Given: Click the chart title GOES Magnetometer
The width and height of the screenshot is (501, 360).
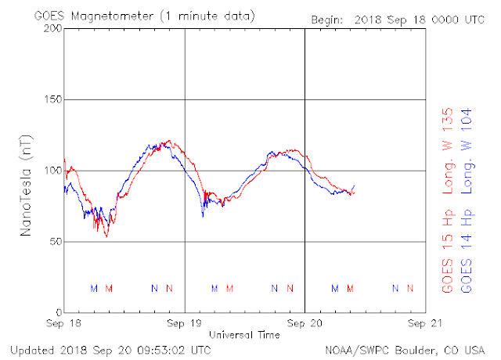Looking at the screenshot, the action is coord(94,16).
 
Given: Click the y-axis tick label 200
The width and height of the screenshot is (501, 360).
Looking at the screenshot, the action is coord(52,28).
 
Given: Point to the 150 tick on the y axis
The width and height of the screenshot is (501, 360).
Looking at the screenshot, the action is coord(52,99).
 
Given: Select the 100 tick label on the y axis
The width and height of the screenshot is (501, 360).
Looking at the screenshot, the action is coord(52,171).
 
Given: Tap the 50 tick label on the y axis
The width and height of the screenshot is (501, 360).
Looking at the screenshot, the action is coord(56,241).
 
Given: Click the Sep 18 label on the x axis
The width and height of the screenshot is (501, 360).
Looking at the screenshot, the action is coord(63,323).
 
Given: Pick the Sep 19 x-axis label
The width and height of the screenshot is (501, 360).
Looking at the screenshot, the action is coord(185,323).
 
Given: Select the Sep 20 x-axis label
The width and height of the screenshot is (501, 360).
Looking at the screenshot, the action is coord(305,323).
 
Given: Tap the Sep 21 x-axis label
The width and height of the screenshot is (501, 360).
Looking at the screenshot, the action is coord(425,323).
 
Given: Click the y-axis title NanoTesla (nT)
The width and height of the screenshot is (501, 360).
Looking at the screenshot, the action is coord(26,185).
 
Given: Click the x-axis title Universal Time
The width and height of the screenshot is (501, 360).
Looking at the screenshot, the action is coord(244,335).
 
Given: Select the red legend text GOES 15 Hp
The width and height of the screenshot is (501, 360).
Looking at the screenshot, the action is coord(448,251).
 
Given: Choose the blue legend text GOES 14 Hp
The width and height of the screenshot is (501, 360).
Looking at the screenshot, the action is coord(467,251).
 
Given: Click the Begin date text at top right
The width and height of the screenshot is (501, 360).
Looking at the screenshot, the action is coord(398,20).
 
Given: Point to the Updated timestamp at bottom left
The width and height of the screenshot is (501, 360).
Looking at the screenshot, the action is coord(110,351).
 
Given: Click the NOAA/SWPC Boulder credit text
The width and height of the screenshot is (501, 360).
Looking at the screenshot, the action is coord(405,351).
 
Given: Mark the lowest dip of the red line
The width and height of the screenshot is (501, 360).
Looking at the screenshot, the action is coord(106,236).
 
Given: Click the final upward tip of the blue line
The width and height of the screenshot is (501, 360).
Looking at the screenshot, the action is coord(354,185).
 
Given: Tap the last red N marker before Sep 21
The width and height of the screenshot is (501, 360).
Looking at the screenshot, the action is coord(410,289).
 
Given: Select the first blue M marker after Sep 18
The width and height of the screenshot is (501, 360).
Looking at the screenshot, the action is coord(94,289).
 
